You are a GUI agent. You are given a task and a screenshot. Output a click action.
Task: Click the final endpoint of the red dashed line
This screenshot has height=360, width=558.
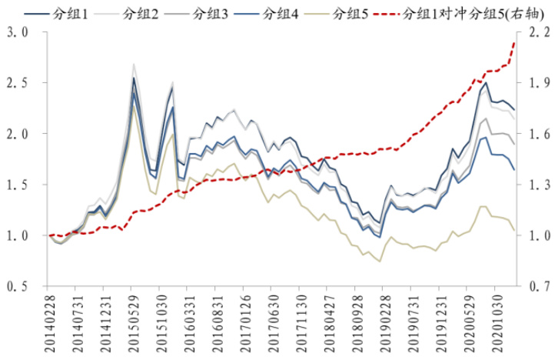point(514,43)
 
